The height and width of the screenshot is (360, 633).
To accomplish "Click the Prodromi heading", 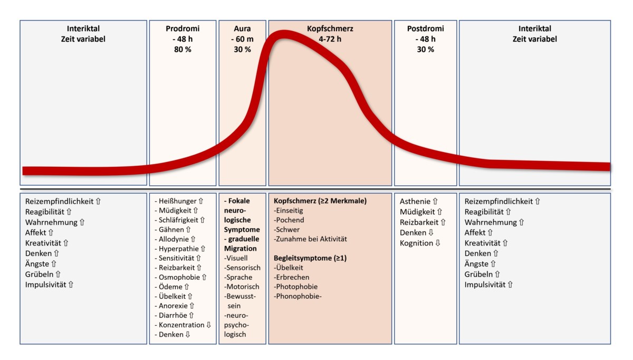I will (183, 29).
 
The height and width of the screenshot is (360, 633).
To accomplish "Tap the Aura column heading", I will (242, 29).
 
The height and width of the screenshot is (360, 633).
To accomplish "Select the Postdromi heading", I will (426, 29).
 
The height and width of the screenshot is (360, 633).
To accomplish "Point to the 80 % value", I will (183, 50).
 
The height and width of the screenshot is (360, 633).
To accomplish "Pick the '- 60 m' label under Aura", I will (242, 39).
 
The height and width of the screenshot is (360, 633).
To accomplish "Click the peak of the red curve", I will (283, 35).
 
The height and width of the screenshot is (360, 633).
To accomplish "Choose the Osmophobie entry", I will (179, 277).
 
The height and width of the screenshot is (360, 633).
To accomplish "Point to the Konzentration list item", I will (182, 325).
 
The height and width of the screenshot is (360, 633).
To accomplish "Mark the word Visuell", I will (236, 258).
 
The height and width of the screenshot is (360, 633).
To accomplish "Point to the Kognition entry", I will (417, 243).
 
